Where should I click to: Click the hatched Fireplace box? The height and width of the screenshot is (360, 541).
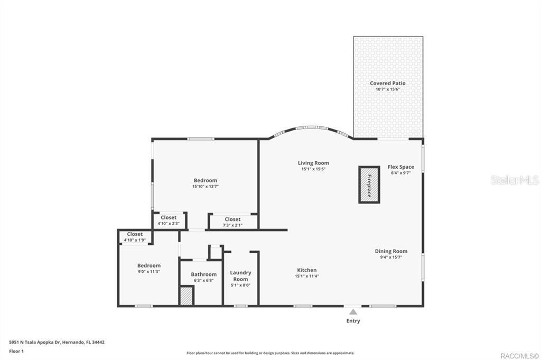pos(369,184)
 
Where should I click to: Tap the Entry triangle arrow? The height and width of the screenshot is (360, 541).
pos(353,312)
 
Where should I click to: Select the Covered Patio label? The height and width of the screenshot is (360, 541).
pos(387,83)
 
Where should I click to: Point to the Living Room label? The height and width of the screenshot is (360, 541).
pos(313,163)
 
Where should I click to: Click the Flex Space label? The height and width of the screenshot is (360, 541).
pos(400,167)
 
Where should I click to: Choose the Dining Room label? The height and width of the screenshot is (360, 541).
pos(391,251)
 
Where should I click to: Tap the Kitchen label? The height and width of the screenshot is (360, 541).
pos(307,270)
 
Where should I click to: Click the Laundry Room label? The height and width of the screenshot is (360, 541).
pos(240,276)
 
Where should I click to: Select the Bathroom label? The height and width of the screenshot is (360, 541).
pos(203,274)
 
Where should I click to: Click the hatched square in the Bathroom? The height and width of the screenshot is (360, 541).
pos(186,296)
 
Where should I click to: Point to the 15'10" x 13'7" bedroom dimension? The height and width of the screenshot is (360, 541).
pos(206,187)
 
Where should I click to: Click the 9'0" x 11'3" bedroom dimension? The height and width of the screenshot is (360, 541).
pos(148,272)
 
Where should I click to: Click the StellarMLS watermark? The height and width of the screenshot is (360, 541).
pos(515,180)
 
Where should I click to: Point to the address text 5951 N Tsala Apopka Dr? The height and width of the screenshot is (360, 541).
pos(34,343)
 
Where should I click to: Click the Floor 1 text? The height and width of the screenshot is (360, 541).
pos(16,352)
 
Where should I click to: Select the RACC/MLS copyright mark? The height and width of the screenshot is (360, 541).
pos(520,356)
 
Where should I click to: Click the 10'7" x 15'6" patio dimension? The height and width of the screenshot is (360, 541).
pos(387,89)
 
